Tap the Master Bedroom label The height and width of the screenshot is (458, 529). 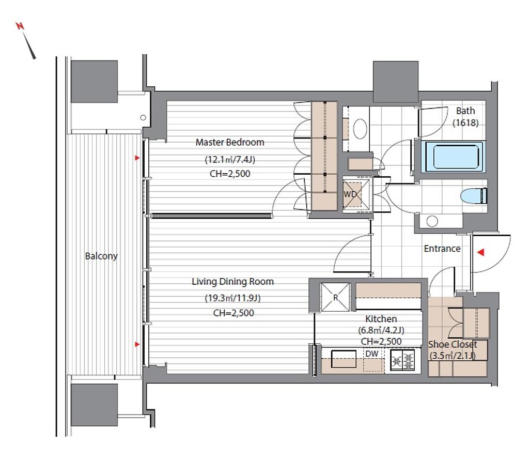230,142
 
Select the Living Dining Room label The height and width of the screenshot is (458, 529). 232,282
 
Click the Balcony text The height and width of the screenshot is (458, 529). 101,256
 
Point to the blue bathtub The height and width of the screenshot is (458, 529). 452,156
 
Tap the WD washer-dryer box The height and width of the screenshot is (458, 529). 356,194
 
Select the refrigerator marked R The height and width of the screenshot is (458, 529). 335,297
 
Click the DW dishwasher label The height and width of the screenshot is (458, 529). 371,354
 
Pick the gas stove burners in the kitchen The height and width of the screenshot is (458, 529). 402,360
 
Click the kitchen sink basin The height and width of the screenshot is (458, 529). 344,359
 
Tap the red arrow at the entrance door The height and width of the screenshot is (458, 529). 481,252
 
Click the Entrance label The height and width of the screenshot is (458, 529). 442,249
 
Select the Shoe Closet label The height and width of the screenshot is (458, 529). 453,344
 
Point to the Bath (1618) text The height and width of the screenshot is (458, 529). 465,116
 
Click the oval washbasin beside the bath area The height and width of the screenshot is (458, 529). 360,129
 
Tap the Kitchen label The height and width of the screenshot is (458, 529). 381,318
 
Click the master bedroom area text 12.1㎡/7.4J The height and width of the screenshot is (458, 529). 230,159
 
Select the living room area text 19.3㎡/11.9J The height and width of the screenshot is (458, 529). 233,298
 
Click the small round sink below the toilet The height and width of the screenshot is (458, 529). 432,221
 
